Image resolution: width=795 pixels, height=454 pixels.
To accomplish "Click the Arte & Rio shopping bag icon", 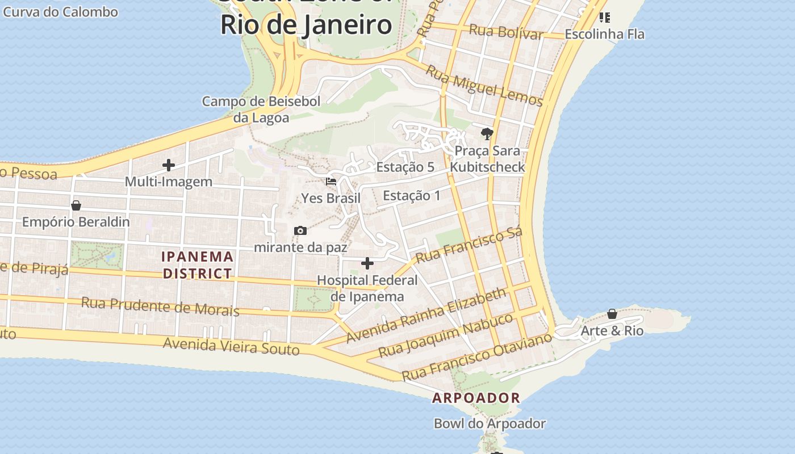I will coord(612,314).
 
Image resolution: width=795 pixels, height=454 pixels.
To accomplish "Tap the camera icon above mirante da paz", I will coord(300,230).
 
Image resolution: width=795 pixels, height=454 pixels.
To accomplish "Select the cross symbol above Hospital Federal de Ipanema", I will coord(367,263).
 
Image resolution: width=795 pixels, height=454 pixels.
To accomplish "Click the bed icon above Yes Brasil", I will coord(331,182).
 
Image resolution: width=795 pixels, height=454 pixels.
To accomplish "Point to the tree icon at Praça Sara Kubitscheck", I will coord(487,134).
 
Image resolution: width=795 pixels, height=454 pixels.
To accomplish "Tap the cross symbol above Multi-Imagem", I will coord(169,165).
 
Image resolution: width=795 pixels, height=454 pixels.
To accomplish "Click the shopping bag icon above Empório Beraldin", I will coord(76,205).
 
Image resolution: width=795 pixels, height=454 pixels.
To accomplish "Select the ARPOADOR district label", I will coord(476,398).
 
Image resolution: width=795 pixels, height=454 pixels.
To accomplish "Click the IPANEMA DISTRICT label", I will coord(198,265).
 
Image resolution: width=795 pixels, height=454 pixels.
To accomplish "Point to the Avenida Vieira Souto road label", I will coord(231,345).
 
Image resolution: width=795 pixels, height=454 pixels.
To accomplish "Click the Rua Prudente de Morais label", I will coord(160,306).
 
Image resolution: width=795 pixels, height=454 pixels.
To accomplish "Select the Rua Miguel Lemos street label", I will coord(484,86).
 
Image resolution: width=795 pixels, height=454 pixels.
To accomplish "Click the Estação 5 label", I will coord(405,167).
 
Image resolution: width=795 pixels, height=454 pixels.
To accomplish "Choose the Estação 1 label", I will coord(412,196).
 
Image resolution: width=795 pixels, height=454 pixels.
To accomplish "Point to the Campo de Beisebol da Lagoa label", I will coord(261,110).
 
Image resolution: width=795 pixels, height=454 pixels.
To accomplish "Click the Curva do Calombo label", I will coord(61,12).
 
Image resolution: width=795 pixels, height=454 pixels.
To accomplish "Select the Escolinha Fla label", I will coord(604,34).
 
